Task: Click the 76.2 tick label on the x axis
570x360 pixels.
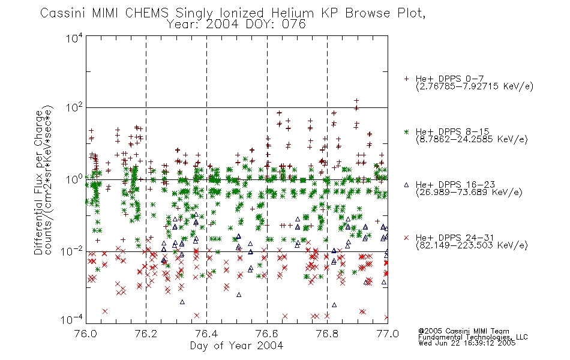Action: tap(146, 334)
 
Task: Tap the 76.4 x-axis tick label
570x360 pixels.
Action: tap(206, 334)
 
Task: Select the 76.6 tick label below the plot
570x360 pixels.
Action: tap(267, 334)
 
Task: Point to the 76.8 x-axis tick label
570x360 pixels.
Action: tap(327, 334)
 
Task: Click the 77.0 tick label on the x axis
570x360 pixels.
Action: tap(388, 334)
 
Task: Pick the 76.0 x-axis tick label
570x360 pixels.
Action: tap(86, 334)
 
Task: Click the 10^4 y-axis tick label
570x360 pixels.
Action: tap(74, 38)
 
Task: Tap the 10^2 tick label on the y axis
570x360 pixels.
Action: tap(74, 107)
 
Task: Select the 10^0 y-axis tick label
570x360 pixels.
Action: tap(74, 179)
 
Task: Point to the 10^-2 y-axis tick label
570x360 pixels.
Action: tap(72, 251)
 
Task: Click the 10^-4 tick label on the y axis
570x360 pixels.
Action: tap(72, 320)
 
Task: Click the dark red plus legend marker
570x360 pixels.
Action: tap(406, 79)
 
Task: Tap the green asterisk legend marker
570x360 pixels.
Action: tap(406, 131)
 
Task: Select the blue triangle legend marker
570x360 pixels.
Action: tap(406, 185)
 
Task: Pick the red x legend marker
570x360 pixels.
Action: tap(406, 238)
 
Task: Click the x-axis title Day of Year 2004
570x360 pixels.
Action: tap(236, 346)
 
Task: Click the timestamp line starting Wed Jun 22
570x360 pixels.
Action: tap(467, 343)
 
